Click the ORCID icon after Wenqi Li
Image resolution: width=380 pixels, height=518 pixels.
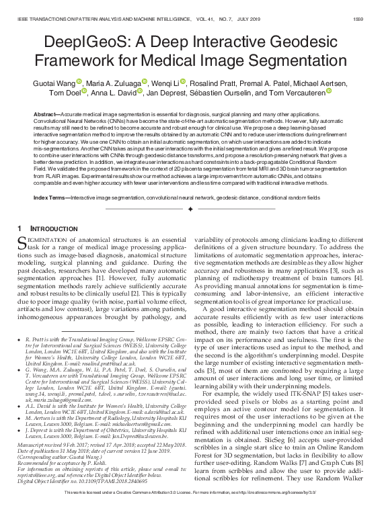click(x=182, y=81)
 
